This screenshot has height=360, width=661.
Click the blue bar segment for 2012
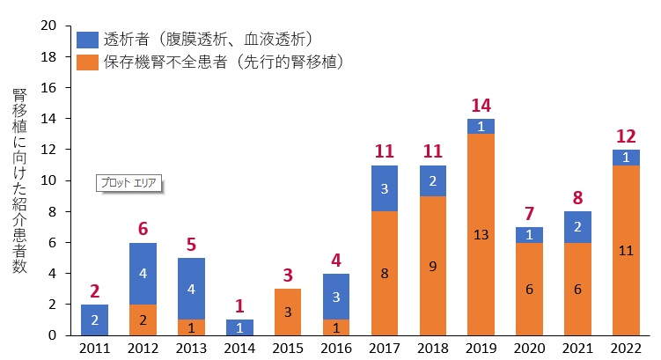[143, 274]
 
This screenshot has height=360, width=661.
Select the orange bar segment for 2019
[481, 235]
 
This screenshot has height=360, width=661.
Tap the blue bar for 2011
[94, 320]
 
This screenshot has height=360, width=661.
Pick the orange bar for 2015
[288, 312]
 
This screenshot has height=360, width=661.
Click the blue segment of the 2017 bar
[385, 188]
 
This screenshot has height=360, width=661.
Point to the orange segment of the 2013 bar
[191, 327]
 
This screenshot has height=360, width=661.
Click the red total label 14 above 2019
[481, 106]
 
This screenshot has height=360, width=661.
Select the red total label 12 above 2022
[626, 136]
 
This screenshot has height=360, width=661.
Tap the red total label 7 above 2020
[530, 214]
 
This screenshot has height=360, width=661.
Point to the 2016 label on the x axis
[336, 349]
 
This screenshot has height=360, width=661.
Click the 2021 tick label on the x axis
[577, 349]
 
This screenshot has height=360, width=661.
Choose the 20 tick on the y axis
[48, 26]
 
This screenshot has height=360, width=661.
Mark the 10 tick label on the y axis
[48, 180]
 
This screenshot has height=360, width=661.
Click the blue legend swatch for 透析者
[88, 40]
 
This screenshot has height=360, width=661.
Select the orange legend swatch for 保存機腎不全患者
[88, 62]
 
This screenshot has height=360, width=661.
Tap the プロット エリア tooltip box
[129, 183]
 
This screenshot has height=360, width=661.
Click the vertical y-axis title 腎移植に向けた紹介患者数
[19, 180]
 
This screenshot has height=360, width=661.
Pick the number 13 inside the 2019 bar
[481, 235]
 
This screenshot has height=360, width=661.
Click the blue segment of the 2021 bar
[577, 227]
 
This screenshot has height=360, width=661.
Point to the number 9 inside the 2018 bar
[433, 267]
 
